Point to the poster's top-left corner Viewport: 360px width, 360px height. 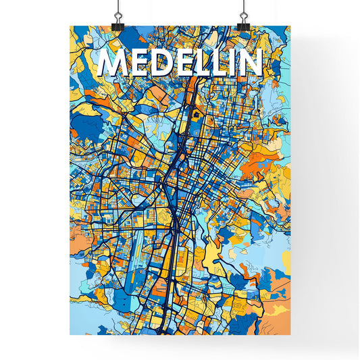pyautogui.click(x=70, y=26)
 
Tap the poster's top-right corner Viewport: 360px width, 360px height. pyautogui.click(x=289, y=26)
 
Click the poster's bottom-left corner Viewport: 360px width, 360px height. pyautogui.click(x=70, y=336)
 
